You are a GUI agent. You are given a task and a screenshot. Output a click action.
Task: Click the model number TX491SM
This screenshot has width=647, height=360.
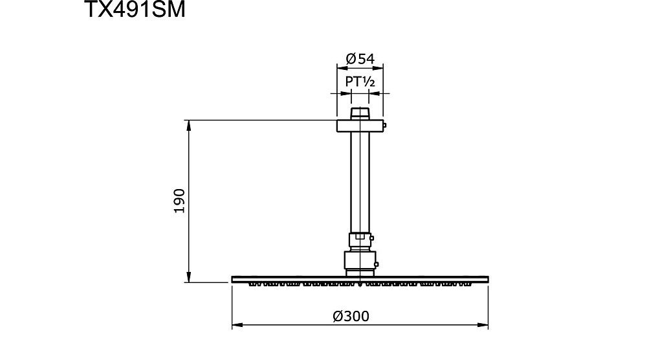tap(135, 12)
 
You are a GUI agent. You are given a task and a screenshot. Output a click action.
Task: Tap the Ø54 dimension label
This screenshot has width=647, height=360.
tap(360, 58)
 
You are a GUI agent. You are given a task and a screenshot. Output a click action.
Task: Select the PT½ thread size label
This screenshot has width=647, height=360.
tap(360, 82)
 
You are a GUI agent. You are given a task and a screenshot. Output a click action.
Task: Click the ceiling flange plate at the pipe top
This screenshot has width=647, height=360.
tap(360, 126)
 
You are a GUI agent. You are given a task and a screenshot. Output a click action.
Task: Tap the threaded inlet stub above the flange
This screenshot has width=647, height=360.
tap(360, 114)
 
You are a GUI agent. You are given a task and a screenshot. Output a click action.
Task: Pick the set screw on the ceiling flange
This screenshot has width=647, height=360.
tap(384, 126)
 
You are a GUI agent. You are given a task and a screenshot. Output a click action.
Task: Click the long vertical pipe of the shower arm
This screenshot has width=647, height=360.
tap(360, 181)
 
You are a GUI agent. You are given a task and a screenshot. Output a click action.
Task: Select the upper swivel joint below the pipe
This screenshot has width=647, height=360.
tap(360, 242)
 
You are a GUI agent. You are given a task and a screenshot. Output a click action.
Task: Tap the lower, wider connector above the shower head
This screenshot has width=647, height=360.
tap(360, 262)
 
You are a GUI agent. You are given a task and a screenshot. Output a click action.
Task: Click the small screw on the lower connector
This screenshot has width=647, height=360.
tap(377, 263)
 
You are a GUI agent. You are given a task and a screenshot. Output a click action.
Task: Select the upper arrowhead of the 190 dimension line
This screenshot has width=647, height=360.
tap(189, 124)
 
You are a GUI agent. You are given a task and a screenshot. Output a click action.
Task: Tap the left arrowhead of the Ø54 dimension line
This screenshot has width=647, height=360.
tap(340, 66)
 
